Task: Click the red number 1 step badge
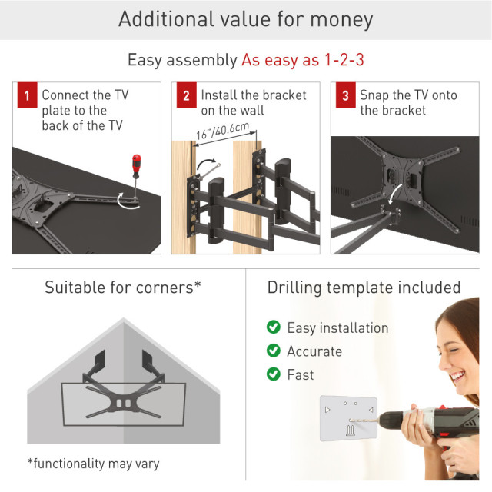(28, 95)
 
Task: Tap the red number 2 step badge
(186, 95)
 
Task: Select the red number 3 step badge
(345, 95)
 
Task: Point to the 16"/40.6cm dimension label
(223, 131)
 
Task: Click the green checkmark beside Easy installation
(274, 327)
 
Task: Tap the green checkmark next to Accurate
(274, 351)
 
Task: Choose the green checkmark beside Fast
(274, 374)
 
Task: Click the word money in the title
(341, 20)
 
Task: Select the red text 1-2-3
(344, 59)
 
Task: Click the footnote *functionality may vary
(94, 464)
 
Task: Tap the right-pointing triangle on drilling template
(327, 410)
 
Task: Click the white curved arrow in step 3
(395, 193)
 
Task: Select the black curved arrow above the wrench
(206, 164)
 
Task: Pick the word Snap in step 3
(374, 95)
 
